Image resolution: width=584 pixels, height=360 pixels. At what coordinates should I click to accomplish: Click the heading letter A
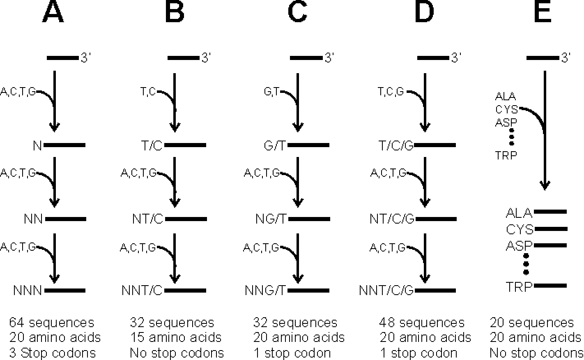[53, 13]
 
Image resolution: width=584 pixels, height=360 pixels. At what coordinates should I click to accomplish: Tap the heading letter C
[297, 13]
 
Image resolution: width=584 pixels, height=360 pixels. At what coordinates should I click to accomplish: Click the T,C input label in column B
[148, 92]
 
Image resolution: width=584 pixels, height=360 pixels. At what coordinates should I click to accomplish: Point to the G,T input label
[271, 92]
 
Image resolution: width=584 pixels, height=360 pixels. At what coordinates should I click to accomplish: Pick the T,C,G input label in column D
[391, 92]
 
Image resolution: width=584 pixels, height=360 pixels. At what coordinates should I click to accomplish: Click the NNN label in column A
[28, 291]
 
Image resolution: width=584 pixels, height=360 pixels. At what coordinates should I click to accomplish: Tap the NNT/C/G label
[386, 291]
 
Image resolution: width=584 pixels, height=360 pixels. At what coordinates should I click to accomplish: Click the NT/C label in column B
[147, 219]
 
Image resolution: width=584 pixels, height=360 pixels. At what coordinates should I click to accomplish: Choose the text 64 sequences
[51, 323]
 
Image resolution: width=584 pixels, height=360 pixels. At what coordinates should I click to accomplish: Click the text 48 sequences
[422, 323]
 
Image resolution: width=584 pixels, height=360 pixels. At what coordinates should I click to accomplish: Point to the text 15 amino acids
[176, 338]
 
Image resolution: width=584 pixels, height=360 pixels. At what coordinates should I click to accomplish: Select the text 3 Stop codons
[52, 353]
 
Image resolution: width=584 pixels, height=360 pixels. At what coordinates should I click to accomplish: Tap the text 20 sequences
[532, 323]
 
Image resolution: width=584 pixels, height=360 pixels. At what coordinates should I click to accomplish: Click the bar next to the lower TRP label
[550, 285]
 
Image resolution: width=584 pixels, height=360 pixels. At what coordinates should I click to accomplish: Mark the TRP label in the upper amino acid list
[506, 155]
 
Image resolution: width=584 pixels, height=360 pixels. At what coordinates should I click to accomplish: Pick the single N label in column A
[37, 145]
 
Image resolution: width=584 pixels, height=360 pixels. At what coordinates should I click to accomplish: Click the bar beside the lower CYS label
[550, 228]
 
